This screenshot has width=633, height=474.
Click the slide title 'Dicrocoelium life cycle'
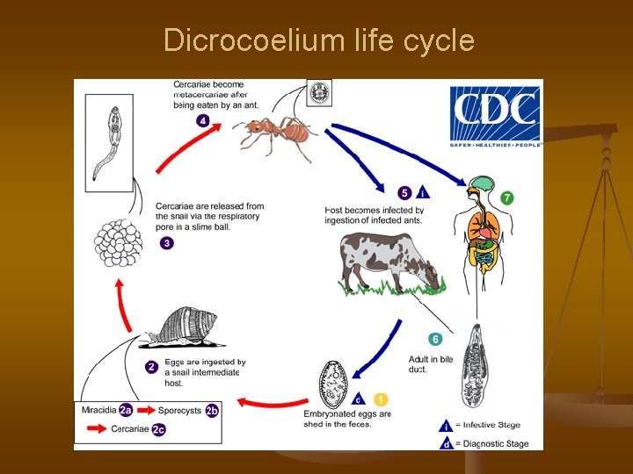pos(318,41)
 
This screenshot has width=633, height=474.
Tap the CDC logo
pos(496,116)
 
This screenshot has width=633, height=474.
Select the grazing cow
pos(386,263)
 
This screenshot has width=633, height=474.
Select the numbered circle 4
pos(203,120)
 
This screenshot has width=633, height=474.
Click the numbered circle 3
pos(166,243)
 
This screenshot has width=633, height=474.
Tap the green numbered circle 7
pos(506,198)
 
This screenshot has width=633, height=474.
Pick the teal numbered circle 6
pos(435,339)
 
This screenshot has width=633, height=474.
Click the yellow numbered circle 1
pos(381,399)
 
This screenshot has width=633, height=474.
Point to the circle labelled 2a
pos(126,410)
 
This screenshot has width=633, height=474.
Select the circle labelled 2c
pos(158,429)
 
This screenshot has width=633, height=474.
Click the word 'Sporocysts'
pos(179,410)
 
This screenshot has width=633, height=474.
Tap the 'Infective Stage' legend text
pos(491,425)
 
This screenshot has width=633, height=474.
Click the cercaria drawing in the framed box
pos(109,141)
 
